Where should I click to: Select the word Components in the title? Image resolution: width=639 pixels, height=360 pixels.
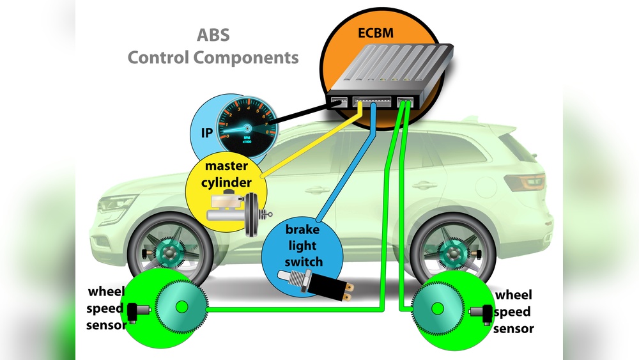[246, 57]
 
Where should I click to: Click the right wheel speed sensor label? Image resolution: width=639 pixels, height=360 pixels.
[513, 313]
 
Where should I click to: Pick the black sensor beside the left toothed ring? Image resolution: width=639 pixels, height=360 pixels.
[135, 310]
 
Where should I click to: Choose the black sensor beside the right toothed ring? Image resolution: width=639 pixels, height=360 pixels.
[481, 311]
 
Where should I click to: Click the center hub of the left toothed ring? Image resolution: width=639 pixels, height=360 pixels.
[181, 308]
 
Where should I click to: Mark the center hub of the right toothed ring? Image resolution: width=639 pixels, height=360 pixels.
[437, 308]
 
